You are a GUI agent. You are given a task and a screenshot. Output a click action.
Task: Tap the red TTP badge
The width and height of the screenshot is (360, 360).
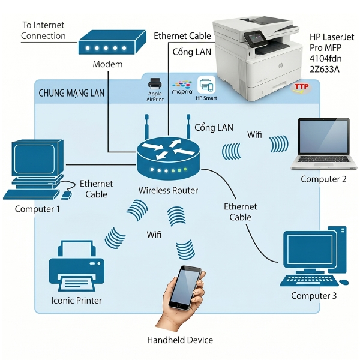301,88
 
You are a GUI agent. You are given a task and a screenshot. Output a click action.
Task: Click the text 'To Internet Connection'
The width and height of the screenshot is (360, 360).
43,31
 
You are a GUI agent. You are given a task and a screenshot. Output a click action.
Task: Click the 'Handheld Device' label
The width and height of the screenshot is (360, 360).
180,340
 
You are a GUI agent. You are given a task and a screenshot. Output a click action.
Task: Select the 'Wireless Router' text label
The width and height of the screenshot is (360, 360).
168,190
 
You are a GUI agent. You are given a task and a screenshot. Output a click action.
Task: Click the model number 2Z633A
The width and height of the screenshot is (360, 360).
325,69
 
